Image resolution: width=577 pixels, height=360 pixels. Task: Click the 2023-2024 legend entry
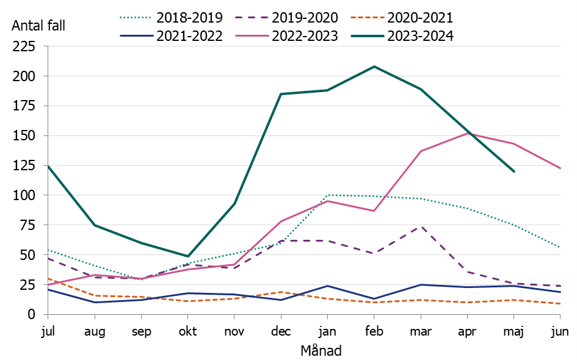click(x=402, y=36)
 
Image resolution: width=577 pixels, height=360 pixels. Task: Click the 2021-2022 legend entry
click(x=172, y=36)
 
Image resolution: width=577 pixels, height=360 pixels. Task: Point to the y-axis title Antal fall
click(x=38, y=26)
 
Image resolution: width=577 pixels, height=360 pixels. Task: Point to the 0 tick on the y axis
click(x=36, y=314)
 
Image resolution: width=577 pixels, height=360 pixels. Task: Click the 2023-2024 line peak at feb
click(x=374, y=67)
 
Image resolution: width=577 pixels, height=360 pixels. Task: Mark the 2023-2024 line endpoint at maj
click(x=514, y=171)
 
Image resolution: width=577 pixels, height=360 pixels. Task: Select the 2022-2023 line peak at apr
click(x=468, y=133)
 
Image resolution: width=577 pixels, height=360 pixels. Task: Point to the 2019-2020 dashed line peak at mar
click(x=421, y=226)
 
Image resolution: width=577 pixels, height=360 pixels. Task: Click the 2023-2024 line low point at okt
click(x=188, y=256)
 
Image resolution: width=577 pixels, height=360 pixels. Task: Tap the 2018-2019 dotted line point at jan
click(x=328, y=195)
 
